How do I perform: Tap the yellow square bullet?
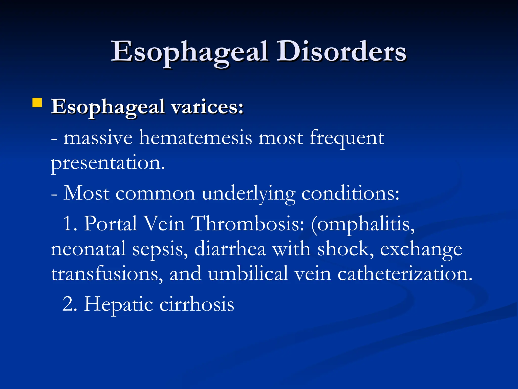click(37, 103)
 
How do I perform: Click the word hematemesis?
click(196, 138)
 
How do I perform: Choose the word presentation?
click(108, 163)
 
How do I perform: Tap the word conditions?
click(350, 194)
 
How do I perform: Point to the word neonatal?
click(88, 249)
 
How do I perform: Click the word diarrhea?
click(230, 249)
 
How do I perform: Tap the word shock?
click(346, 249)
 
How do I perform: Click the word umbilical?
click(248, 274)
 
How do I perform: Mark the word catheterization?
click(405, 274)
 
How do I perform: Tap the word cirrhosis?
click(197, 304)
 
